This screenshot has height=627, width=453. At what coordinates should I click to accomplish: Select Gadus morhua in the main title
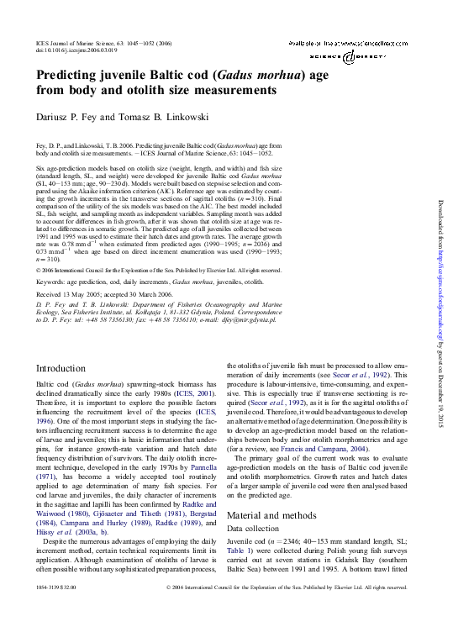(x=234, y=75)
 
